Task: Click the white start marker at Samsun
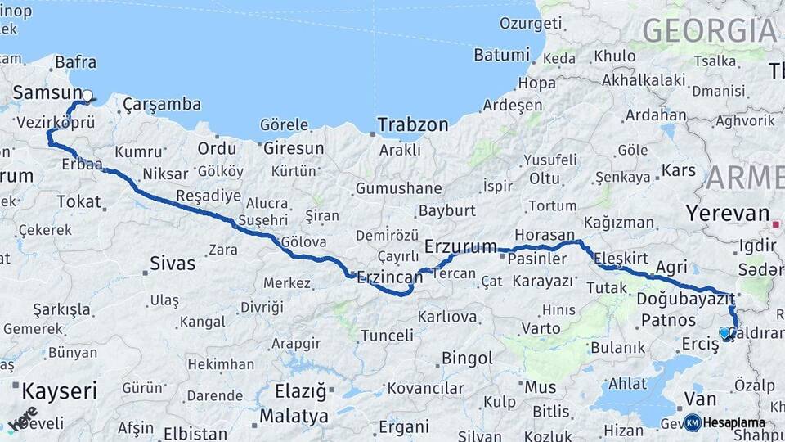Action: point(87,95)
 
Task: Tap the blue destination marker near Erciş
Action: point(724,332)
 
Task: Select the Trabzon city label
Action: point(413,125)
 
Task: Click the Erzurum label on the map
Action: point(460,246)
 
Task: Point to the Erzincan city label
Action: point(389,278)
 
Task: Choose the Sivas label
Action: point(173,263)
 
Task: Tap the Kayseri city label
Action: point(59,390)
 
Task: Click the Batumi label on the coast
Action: point(501,55)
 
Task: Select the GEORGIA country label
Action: point(709,31)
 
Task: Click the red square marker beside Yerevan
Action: point(775,223)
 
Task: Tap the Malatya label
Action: point(288,416)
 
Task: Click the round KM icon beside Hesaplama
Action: point(692,422)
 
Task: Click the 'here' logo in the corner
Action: point(22,417)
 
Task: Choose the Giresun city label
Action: point(292,149)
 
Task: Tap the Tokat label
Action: point(78,201)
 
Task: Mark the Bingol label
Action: point(467,358)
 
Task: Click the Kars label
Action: point(678,171)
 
